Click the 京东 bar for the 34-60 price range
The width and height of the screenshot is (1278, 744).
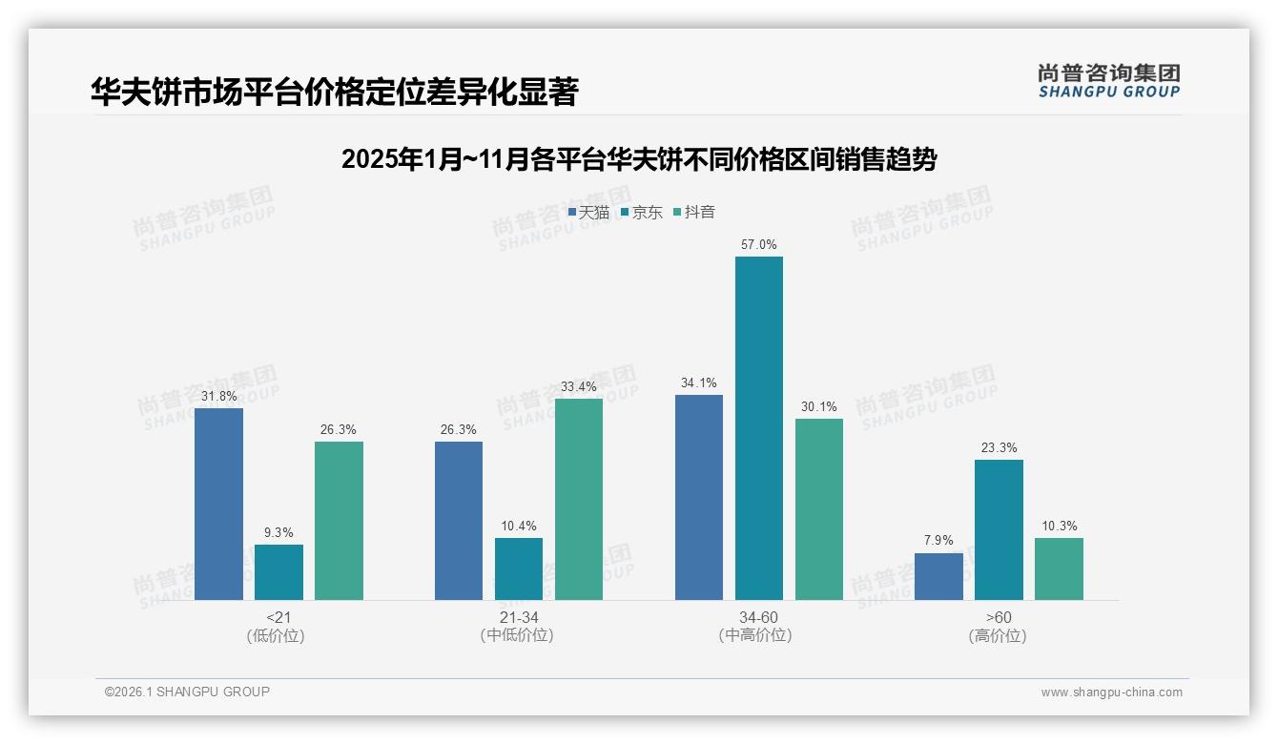(758, 428)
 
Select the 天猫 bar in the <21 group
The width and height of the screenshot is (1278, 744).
(218, 504)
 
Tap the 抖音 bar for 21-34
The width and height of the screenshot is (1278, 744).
(579, 499)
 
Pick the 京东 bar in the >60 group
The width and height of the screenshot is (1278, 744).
(999, 529)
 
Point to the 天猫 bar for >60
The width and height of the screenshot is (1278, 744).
(938, 576)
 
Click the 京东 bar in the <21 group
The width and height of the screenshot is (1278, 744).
(278, 572)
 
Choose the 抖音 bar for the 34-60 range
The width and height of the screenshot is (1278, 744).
(819, 509)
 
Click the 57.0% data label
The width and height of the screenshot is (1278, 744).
(758, 245)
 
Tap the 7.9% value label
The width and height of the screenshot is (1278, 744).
(938, 541)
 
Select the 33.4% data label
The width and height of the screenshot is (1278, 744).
(579, 387)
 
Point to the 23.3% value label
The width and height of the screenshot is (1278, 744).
(999, 448)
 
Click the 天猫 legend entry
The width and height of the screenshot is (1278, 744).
(588, 213)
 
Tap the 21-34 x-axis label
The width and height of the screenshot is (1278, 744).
(518, 618)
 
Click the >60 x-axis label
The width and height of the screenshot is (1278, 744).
(999, 618)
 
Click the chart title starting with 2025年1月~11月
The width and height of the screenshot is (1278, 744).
(638, 159)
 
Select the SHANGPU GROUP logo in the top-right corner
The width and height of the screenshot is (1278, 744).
(1108, 81)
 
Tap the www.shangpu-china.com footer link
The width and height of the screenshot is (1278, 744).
(1111, 692)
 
